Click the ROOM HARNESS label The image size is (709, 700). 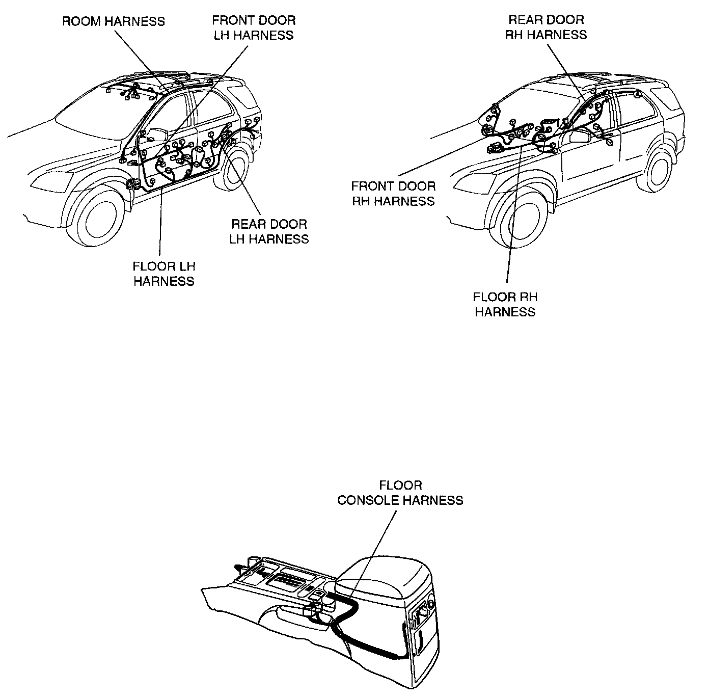pyautogui.click(x=113, y=21)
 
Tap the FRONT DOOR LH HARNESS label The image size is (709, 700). pyautogui.click(x=254, y=28)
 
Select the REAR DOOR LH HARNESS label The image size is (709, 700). pyautogui.click(x=269, y=232)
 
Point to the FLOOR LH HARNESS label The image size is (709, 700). pyautogui.click(x=164, y=274)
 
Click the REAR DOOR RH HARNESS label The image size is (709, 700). pyautogui.click(x=546, y=28)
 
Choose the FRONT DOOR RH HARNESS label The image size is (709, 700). pyautogui.click(x=393, y=194)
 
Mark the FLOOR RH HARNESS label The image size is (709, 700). pyautogui.click(x=505, y=305)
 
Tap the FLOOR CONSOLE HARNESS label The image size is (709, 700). pyautogui.click(x=400, y=493)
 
